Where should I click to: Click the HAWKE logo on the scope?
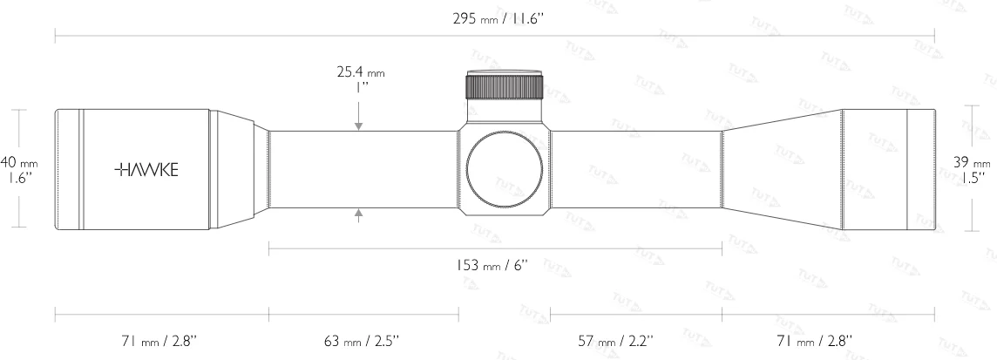(x=146, y=169)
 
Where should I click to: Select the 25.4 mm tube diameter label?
(x=360, y=80)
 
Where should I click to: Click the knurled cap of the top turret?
(x=505, y=86)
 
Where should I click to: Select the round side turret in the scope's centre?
(x=505, y=170)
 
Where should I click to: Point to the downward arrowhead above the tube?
(x=359, y=127)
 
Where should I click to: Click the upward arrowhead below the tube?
(x=359, y=213)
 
